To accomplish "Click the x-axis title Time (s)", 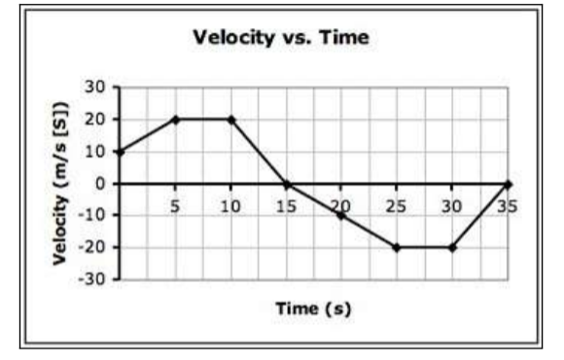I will click(312, 308).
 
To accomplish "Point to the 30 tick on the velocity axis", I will click(95, 87).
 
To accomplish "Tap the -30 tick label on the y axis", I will click(92, 279).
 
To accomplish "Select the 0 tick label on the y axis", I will click(99, 183).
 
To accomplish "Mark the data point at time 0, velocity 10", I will click(120, 151).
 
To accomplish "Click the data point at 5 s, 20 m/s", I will click(175, 119).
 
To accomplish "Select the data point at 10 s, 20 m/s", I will click(230, 119).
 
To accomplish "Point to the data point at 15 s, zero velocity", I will click(286, 183).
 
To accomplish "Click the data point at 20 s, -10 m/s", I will click(341, 215).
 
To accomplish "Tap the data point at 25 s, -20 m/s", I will click(397, 247).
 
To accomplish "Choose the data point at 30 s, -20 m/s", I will click(452, 247).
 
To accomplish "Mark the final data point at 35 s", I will click(508, 183).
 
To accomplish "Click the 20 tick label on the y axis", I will click(95, 119).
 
